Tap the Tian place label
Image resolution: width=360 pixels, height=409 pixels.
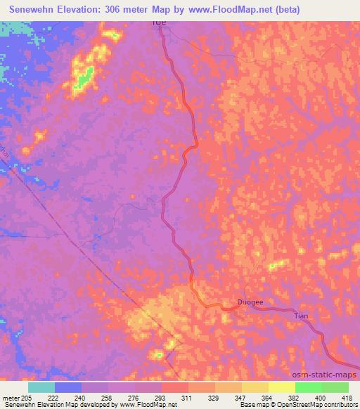(301, 316)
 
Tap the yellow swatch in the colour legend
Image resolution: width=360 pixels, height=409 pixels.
(281, 387)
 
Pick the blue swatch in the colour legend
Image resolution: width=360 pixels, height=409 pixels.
(68, 387)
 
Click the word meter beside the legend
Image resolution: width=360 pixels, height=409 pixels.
(10, 398)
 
